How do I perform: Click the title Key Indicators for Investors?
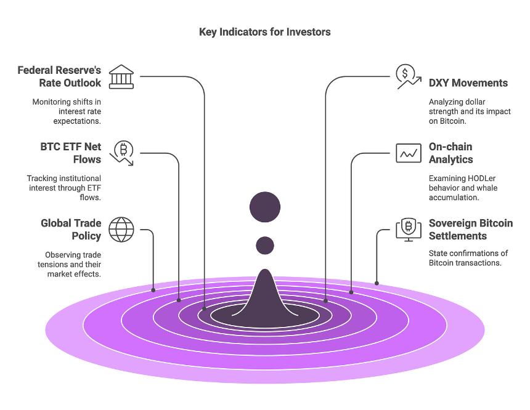264,32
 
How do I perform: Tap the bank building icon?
121,77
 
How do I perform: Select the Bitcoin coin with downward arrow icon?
122,153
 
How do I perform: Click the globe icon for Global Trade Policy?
121,230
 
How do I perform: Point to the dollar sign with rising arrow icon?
409,77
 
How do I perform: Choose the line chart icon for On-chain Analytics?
409,153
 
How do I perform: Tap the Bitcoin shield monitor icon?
409,230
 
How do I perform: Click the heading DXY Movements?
468,82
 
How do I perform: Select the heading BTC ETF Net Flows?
70,153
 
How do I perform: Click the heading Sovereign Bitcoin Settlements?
471,229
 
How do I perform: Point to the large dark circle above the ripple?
265,207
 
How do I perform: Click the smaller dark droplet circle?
265,245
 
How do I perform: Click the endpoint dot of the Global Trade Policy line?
153,290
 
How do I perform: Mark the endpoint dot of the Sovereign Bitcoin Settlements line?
377,283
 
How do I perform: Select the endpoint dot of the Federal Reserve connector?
204,308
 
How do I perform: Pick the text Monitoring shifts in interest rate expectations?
67,111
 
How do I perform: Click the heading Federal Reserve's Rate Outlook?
59,76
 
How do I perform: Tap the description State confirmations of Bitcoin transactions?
468,258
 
